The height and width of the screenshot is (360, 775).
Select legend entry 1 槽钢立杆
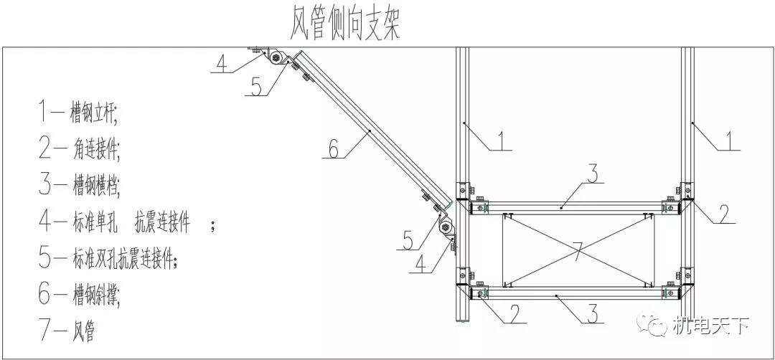[x=78, y=113]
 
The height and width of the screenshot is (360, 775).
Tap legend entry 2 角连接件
[x=79, y=148]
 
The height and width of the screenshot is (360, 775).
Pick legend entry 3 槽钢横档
[x=79, y=185]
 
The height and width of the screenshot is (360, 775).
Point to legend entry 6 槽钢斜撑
[x=79, y=294]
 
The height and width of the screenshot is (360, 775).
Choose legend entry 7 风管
[x=67, y=331]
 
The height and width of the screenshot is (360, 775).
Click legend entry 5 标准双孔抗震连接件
[x=108, y=257]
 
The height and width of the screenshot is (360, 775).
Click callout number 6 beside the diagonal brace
[x=334, y=148]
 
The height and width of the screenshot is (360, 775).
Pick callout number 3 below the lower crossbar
[x=593, y=313]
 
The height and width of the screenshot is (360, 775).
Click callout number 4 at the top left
[x=222, y=64]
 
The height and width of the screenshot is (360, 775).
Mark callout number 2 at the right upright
[x=723, y=213]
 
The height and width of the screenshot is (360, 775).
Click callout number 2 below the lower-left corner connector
[x=515, y=313]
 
